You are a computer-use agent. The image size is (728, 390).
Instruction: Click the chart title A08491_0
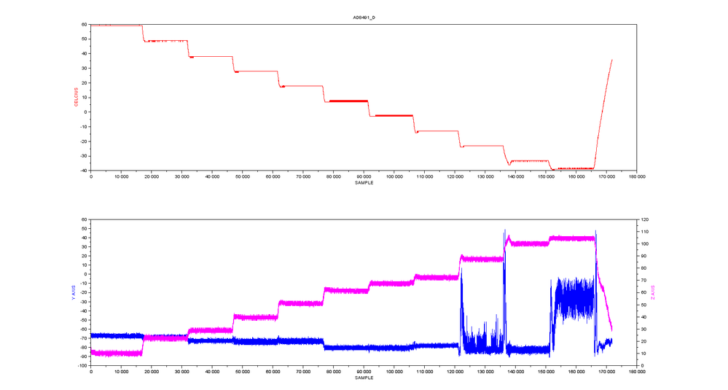click(x=364, y=17)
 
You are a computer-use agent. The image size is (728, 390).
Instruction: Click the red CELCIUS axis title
click(x=76, y=97)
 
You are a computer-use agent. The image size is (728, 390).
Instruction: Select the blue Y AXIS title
click(x=73, y=292)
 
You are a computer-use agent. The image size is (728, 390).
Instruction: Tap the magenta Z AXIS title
click(x=653, y=292)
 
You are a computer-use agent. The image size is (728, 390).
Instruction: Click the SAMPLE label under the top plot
click(x=364, y=182)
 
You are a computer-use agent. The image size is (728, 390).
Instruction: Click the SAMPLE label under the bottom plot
click(x=364, y=378)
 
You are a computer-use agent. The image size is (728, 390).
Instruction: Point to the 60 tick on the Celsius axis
click(x=85, y=24)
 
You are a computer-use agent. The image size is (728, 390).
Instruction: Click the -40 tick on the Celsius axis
click(x=83, y=171)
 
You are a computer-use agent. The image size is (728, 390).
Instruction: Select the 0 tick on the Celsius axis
click(x=86, y=112)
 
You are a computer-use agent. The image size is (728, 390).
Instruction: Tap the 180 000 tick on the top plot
click(x=636, y=176)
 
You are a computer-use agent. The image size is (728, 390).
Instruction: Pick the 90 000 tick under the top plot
click(x=364, y=176)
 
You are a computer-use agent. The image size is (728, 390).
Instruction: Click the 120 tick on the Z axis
click(x=646, y=219)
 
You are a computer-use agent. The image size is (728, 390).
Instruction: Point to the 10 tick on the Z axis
click(x=644, y=354)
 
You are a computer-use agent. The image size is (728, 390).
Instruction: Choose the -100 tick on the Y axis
click(x=82, y=366)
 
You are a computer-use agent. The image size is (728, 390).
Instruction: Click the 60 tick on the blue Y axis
click(x=85, y=219)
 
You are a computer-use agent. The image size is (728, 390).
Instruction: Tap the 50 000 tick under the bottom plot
click(x=243, y=372)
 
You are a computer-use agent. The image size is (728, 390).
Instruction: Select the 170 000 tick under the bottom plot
click(x=606, y=372)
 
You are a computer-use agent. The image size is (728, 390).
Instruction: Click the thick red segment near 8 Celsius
click(x=348, y=101)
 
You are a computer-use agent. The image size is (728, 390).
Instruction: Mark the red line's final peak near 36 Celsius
click(x=612, y=60)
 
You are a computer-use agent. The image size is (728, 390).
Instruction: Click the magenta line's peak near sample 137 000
click(x=509, y=235)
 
